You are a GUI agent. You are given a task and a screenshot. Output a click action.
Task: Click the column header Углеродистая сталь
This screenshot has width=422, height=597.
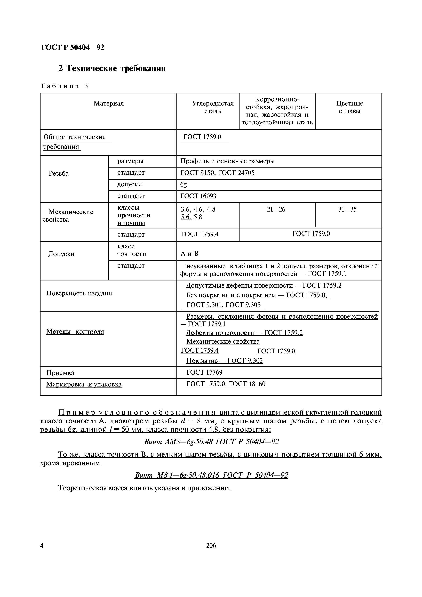click(212, 107)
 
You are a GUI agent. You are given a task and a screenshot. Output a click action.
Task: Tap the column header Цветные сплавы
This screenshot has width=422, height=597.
click(349, 107)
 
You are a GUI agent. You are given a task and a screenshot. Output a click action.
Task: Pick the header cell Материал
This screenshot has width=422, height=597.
click(109, 103)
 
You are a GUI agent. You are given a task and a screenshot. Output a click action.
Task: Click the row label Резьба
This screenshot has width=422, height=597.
click(59, 173)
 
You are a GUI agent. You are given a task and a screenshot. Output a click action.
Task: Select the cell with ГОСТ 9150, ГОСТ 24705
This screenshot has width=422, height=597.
click(217, 173)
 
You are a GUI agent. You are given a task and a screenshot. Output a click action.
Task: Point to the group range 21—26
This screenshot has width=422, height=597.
click(276, 209)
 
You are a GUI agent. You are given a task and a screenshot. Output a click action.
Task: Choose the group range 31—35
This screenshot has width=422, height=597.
click(347, 209)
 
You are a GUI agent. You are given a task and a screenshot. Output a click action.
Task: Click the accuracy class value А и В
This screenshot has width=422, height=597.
click(189, 254)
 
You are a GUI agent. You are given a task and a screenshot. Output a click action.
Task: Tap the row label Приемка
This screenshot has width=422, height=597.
click(60, 373)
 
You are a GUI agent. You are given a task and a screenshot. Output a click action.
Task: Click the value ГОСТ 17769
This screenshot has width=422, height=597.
click(204, 372)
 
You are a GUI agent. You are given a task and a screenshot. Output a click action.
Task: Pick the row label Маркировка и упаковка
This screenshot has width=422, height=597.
click(84, 384)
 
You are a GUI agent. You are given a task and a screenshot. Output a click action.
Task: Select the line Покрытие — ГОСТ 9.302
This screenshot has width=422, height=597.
click(224, 361)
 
